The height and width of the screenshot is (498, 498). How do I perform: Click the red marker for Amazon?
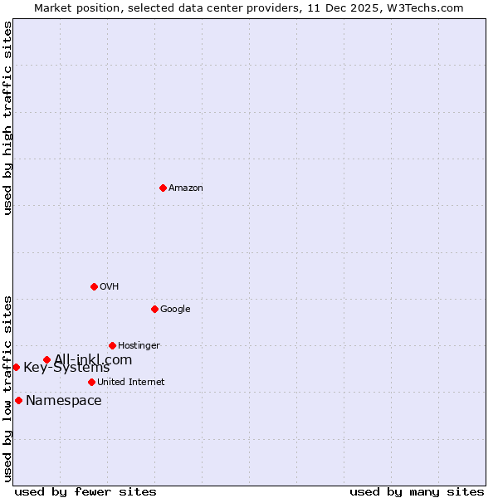(x=163, y=188)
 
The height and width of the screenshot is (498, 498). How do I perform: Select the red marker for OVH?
(x=94, y=286)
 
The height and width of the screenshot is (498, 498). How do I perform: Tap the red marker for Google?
(x=154, y=309)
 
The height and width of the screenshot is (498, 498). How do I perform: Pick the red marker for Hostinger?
(x=112, y=345)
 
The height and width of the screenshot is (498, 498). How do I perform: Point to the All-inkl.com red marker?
(x=46, y=359)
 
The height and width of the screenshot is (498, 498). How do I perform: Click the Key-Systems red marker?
(x=16, y=367)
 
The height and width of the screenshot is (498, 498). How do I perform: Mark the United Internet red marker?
(x=91, y=382)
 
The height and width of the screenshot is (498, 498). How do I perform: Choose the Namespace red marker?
(x=18, y=400)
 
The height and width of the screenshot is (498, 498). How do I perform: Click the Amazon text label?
(x=186, y=188)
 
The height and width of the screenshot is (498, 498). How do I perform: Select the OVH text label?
(x=110, y=286)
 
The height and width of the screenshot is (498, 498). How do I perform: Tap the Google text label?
(x=175, y=309)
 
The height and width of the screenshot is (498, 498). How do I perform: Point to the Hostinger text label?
(x=139, y=345)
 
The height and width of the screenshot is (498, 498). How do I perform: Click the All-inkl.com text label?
(x=93, y=359)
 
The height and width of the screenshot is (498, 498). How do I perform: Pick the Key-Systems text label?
(x=66, y=368)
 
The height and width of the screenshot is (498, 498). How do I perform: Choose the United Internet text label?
(x=130, y=382)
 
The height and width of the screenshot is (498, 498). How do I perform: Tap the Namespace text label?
(x=64, y=401)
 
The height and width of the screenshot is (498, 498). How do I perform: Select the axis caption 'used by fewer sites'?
(x=85, y=491)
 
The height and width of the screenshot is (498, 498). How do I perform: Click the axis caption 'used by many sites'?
(x=417, y=491)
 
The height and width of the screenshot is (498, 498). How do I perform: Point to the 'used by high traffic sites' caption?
(x=8, y=118)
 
